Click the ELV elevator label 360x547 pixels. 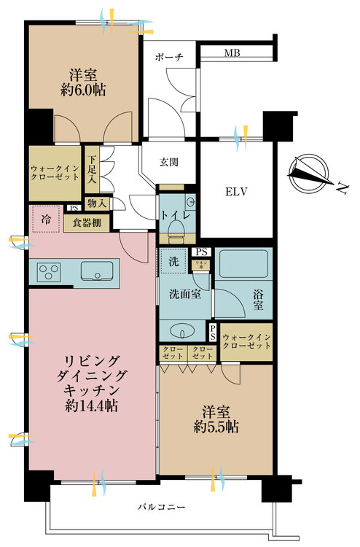[235, 193]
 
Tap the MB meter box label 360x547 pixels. [232, 53]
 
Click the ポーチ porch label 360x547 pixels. [168, 56]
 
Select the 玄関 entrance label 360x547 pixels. [171, 163]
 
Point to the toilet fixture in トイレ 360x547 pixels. [175, 229]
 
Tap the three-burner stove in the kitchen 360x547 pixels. [48, 272]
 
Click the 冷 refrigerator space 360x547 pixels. [46, 219]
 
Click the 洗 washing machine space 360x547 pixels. [173, 261]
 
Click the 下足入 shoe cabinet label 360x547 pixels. [92, 168]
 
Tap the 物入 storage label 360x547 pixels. [95, 203]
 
